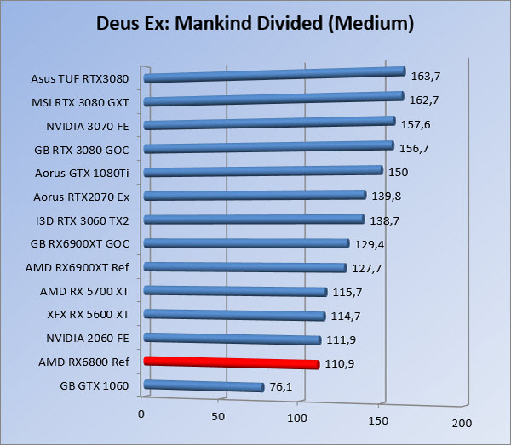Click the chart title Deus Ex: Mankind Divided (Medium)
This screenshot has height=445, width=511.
(255, 24)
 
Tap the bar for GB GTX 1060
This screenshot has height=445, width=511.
(204, 386)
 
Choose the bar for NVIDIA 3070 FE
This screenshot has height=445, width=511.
(270, 124)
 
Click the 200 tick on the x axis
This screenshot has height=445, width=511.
(460, 423)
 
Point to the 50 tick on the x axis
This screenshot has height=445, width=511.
(219, 418)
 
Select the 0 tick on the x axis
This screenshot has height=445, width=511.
(141, 415)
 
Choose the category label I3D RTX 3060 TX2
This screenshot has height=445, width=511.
(82, 220)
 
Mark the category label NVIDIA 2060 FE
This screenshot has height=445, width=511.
(88, 339)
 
